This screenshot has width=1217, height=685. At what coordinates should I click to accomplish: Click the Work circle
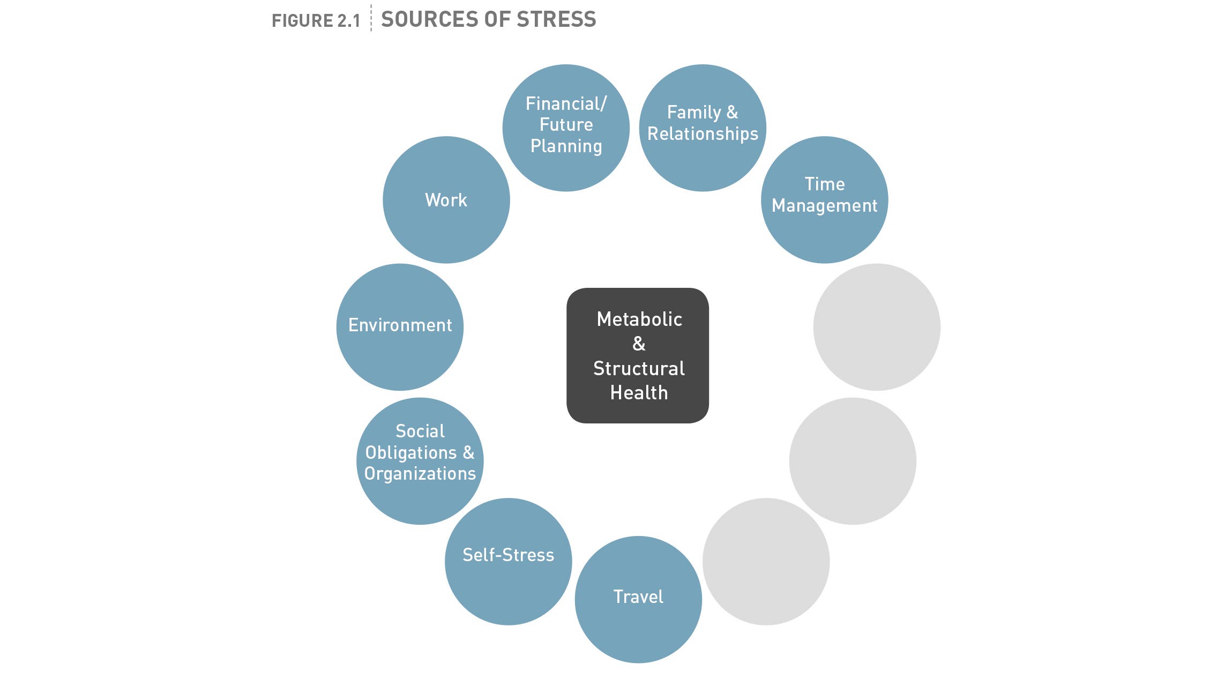click(446, 200)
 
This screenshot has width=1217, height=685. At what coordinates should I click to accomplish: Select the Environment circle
click(400, 326)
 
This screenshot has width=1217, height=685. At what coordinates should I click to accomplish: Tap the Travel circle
click(638, 599)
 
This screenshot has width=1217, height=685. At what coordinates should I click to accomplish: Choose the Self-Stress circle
click(508, 561)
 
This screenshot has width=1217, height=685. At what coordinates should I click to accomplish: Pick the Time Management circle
click(824, 200)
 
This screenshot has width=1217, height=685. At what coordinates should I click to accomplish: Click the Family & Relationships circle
click(702, 128)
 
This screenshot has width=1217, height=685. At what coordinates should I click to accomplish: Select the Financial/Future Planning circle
click(566, 128)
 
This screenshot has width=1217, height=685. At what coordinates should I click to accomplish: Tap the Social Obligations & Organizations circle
click(420, 460)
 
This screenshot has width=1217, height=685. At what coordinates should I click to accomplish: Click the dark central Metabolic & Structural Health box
click(638, 355)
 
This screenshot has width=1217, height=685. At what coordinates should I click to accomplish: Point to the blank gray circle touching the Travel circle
click(766, 561)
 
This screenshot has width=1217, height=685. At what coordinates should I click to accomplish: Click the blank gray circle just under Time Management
click(876, 326)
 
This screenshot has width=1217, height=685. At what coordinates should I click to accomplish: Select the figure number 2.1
click(348, 21)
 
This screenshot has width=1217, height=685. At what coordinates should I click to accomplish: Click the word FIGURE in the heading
click(302, 21)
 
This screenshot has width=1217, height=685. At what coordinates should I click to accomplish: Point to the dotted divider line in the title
click(371, 18)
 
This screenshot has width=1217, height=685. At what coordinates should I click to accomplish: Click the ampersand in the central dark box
click(639, 344)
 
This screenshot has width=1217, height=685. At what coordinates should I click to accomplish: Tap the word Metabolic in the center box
click(639, 319)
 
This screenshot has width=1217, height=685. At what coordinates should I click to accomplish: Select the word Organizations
click(420, 474)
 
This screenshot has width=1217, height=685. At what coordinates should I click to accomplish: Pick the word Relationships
click(703, 133)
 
